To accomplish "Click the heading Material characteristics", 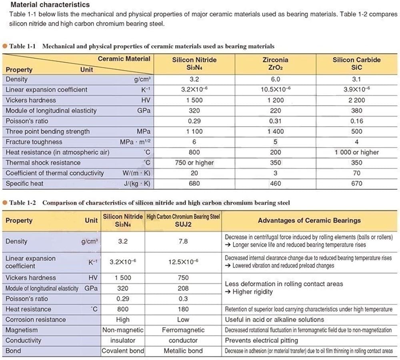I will [x=50, y=5].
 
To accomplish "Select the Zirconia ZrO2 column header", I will [x=275, y=63].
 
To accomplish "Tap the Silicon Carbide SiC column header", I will [x=356, y=63].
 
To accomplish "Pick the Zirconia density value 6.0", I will [x=275, y=79].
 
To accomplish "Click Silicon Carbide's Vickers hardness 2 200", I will [x=356, y=100].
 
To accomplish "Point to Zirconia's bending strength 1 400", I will [x=275, y=131].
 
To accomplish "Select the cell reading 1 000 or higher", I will [x=356, y=152].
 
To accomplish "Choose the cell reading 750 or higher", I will [x=194, y=163].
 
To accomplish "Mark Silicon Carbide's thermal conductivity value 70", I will [x=356, y=173].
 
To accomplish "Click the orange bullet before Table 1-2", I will [x=5, y=203].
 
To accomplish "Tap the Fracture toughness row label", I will [x=34, y=142].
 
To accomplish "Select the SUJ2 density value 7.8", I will [x=183, y=241].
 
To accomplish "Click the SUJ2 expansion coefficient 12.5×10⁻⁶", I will [x=183, y=262].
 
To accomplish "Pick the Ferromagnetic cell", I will [x=183, y=330].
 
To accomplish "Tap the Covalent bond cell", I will [x=122, y=351].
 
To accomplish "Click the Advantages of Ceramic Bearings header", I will [x=309, y=220].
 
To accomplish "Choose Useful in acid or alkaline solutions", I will [x=274, y=320].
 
